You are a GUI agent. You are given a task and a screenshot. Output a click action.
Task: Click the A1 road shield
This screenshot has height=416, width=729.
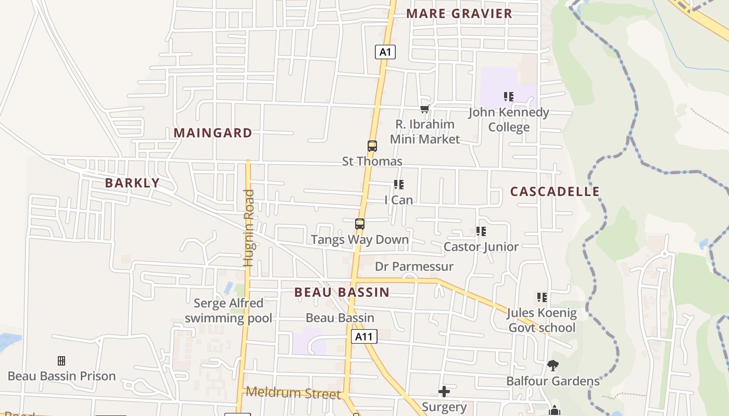pyautogui.click(x=385, y=52)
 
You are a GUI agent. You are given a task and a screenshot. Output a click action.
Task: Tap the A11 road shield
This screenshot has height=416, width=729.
pyautogui.click(x=363, y=336)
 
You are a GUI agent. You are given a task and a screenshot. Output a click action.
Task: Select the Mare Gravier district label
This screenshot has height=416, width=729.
pyautogui.click(x=459, y=14)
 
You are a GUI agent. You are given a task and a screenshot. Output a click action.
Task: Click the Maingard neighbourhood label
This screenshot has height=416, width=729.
pyautogui.click(x=212, y=133)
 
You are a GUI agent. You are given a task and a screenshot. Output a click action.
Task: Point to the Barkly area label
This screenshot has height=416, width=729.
pyautogui.click(x=132, y=183)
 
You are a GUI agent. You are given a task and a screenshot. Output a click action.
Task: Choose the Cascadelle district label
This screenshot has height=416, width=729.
pyautogui.click(x=555, y=191)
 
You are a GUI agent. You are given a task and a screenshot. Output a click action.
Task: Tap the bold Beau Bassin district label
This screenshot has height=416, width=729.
pyautogui.click(x=342, y=292)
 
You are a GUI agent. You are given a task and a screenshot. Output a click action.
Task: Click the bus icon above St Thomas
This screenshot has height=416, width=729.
pyautogui.click(x=372, y=146)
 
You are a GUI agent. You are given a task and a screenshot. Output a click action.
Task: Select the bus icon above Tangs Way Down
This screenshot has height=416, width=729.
pyautogui.click(x=359, y=224)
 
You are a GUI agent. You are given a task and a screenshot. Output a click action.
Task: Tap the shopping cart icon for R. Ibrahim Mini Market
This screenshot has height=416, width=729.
pyautogui.click(x=424, y=109)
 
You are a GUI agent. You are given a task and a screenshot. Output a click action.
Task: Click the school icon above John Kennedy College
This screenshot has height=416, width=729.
pyautogui.click(x=509, y=97)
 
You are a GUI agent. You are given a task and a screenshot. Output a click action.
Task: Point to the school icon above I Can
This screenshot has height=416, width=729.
pyautogui.click(x=399, y=185)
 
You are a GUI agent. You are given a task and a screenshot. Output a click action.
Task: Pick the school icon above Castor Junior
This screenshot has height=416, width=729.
pyautogui.click(x=481, y=231)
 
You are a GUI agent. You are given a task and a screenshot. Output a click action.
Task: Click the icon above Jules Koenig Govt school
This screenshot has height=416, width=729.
pyautogui.click(x=542, y=297)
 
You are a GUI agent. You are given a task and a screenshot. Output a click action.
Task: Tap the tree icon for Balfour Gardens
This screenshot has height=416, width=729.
pyautogui.click(x=553, y=366)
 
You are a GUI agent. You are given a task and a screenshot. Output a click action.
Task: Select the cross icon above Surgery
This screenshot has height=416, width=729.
pyautogui.click(x=444, y=391)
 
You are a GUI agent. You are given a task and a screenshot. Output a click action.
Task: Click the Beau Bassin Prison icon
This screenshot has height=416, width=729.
pyautogui.click(x=61, y=360)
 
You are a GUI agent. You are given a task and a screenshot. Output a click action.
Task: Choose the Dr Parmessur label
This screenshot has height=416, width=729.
pyautogui.click(x=414, y=267)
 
